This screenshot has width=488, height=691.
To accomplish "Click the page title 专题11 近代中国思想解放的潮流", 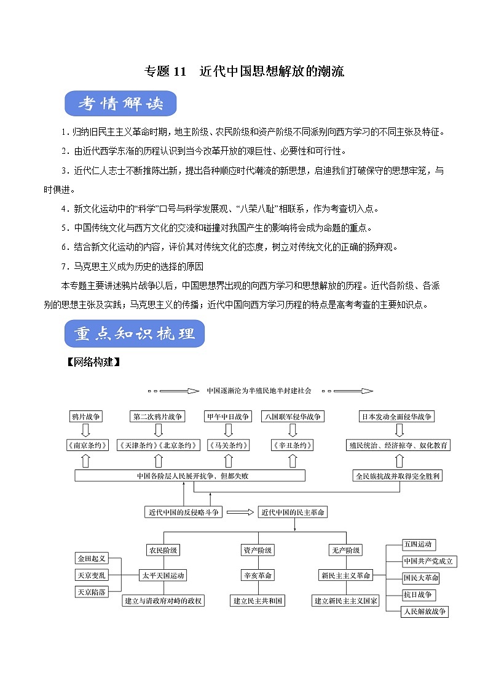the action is tap(244, 72).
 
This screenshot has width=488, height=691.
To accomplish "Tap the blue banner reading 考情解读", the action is tap(120, 104).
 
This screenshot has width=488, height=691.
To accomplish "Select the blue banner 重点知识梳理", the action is tap(135, 334).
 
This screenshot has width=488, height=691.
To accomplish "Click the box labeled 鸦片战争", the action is tap(86, 417).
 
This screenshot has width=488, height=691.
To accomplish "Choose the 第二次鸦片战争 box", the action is tap(158, 417).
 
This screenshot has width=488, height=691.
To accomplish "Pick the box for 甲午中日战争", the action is tap(228, 417).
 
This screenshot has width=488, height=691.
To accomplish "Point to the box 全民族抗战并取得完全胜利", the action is tap(398, 476).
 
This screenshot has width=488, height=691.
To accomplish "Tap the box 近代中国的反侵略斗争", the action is tap(183, 512).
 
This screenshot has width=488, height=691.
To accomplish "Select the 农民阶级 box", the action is tap(163, 550).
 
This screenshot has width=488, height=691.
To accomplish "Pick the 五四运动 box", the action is tap(419, 545).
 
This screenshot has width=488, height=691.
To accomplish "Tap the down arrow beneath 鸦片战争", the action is tap(86, 431).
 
